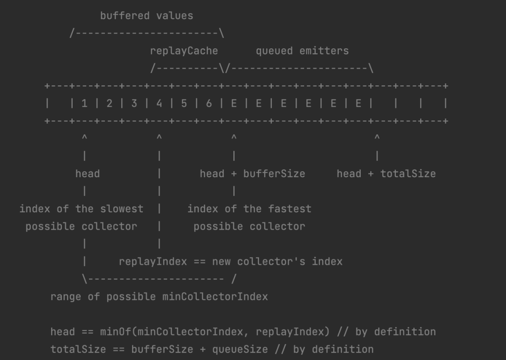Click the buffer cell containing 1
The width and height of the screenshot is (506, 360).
pyautogui.click(x=84, y=104)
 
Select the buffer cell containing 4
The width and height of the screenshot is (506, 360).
pyautogui.click(x=159, y=104)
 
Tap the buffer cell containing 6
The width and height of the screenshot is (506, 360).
pyautogui.click(x=209, y=104)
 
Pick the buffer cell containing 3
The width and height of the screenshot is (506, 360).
pyautogui.click(x=134, y=104)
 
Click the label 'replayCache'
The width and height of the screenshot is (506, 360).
pyautogui.click(x=184, y=51)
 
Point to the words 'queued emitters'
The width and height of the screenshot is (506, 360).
pyautogui.click(x=302, y=51)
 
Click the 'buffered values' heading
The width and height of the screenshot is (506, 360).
pyautogui.click(x=146, y=15)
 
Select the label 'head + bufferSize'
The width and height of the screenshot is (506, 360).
pyautogui.click(x=252, y=173)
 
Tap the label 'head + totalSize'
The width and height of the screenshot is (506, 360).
pyautogui.click(x=386, y=173)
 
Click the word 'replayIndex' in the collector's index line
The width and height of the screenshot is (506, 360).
pyautogui.click(x=153, y=262)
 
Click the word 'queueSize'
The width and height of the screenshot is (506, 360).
pyautogui.click(x=240, y=349)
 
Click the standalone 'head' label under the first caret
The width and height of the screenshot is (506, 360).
pyautogui.click(x=88, y=173)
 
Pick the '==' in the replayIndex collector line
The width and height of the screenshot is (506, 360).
pyautogui.click(x=200, y=262)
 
